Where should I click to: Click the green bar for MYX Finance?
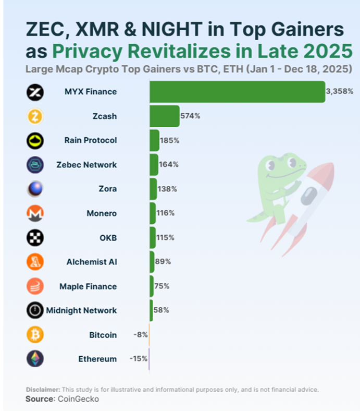[237, 92]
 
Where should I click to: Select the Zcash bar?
[164, 116]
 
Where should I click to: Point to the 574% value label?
[190, 116]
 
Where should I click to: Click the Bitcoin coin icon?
[35, 335]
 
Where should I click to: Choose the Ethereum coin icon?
[35, 359]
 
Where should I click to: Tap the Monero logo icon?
[35, 213]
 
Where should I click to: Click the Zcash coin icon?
[35, 116]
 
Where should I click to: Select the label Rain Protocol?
[90, 140]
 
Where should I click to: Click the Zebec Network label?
[86, 165]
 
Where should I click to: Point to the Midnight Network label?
[81, 310]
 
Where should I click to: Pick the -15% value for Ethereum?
[138, 359]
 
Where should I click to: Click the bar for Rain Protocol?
[154, 140]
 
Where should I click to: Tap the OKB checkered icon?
[35, 238]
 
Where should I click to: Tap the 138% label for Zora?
[167, 189]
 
